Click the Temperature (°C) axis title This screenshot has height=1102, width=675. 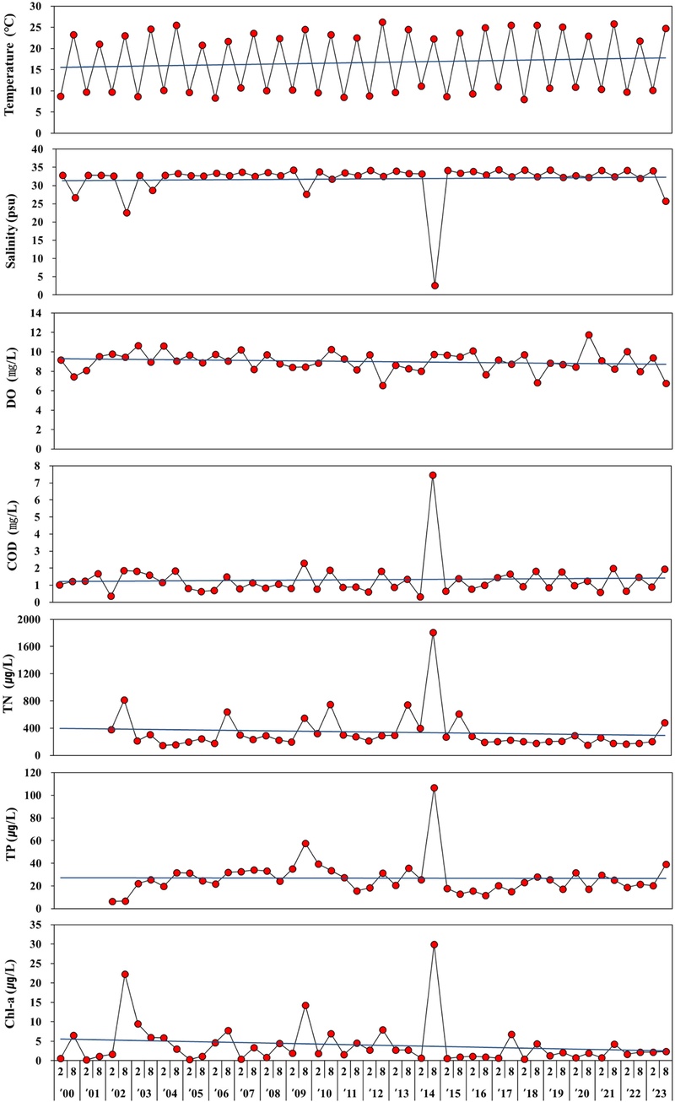pos(12,68)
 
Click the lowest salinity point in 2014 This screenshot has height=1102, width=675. pos(435,285)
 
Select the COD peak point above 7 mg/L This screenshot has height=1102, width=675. pos(433,475)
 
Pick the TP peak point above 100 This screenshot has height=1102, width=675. pos(434,788)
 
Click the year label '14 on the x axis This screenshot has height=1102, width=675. pos(427,1089)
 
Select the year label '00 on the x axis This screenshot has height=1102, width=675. pos(67,1089)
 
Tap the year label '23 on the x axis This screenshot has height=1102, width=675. pos(658,1089)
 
